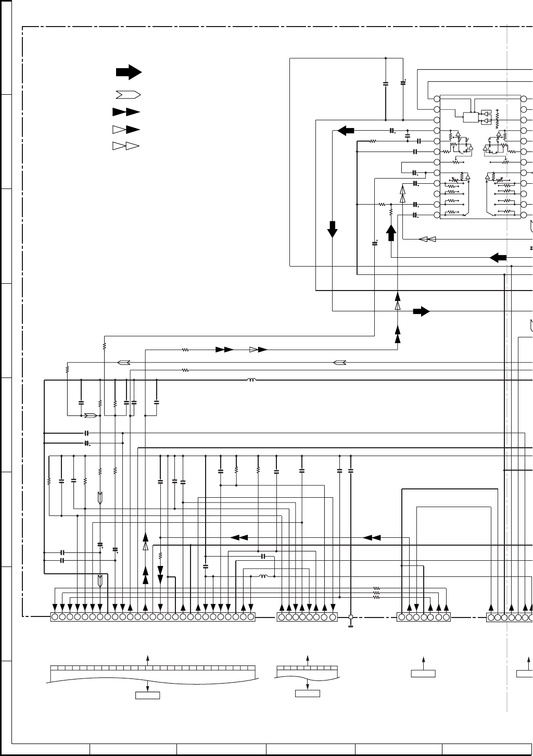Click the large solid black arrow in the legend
129,72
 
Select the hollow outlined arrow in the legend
128,95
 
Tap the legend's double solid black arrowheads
126,112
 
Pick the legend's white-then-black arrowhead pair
126,129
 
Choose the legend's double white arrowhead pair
126,146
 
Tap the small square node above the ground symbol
350,617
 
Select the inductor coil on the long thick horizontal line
252,380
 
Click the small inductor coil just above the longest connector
263,576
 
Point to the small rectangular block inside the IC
471,118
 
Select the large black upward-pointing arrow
391,232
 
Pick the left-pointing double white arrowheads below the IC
427,240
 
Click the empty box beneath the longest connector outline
147,695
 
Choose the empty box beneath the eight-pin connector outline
308,693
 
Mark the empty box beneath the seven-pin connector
423,674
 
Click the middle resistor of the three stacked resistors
376,593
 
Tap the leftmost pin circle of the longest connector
55,617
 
